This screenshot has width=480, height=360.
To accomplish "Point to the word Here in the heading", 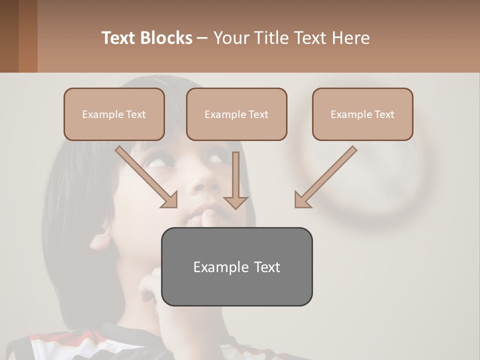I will [x=350, y=38].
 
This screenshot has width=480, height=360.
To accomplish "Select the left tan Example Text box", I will [x=114, y=114].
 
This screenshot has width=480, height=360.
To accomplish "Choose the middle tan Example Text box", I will [x=236, y=114].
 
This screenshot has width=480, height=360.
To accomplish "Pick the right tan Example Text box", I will [x=362, y=114].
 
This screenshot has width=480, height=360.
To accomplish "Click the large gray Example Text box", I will [x=236, y=267].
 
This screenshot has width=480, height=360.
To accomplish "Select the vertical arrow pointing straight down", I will [x=235, y=180].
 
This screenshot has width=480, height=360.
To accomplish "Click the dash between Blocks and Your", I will [x=202, y=38].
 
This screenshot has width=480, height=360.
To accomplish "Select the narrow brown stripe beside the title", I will [x=28, y=36].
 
